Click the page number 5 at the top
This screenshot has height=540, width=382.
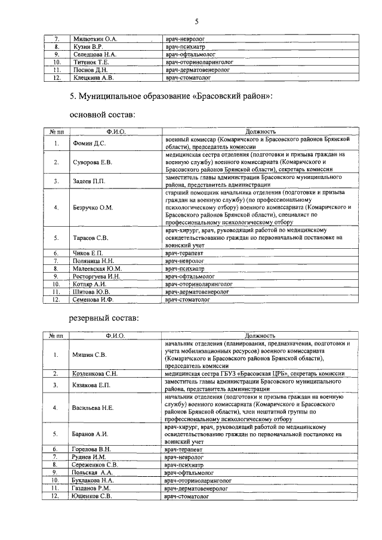[195, 22]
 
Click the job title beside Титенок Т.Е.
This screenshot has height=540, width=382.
[199, 61]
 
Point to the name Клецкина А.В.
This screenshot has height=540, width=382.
[93, 77]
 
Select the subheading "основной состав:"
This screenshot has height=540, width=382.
[102, 115]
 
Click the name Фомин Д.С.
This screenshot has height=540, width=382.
[89, 143]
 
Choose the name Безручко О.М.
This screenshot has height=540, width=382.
[93, 208]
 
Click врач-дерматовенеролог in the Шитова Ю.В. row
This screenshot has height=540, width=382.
[198, 292]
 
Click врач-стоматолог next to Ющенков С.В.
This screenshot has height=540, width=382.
[190, 495]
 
